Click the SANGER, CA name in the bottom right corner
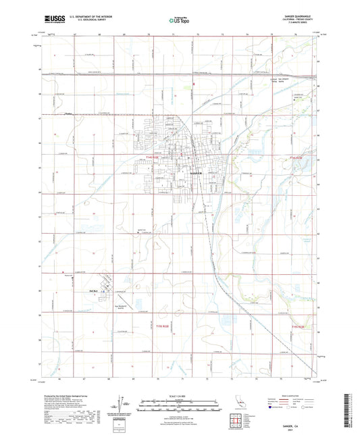294,424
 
